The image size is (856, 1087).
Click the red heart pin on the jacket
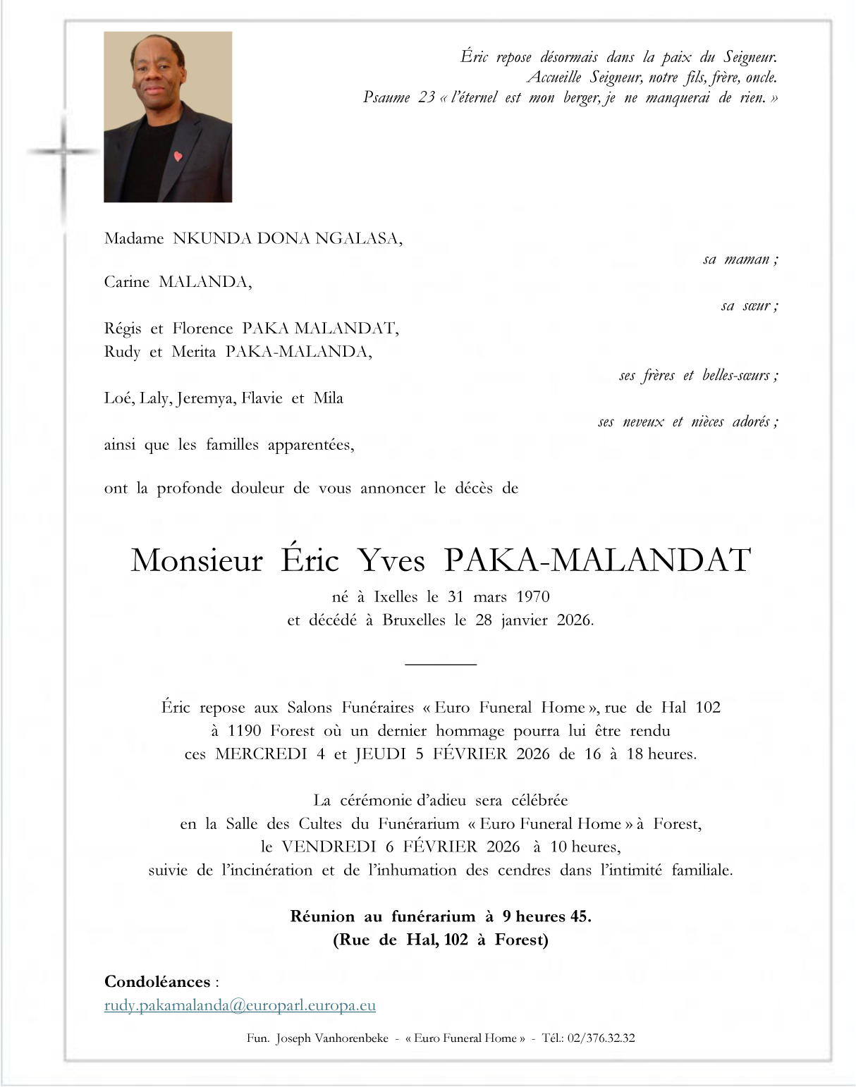178,156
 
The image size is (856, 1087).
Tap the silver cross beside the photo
63,152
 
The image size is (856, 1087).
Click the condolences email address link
240,1006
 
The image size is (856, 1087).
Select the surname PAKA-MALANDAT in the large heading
597,560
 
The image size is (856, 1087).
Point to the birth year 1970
532,597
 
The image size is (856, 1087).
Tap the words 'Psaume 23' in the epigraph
398,98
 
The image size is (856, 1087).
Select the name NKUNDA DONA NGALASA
287,239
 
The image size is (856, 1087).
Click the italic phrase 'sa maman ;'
740,259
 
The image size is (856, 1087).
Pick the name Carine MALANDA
177,283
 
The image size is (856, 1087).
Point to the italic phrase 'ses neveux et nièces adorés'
687,422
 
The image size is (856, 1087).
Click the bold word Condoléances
157,982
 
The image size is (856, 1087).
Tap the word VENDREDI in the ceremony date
329,847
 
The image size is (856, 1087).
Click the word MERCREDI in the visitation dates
261,754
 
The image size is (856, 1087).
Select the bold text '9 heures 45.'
546,916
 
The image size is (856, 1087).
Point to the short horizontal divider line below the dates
441,664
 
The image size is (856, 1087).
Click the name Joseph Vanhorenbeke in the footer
332,1038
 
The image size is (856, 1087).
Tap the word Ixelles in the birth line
395,597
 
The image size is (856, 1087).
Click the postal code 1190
245,731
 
